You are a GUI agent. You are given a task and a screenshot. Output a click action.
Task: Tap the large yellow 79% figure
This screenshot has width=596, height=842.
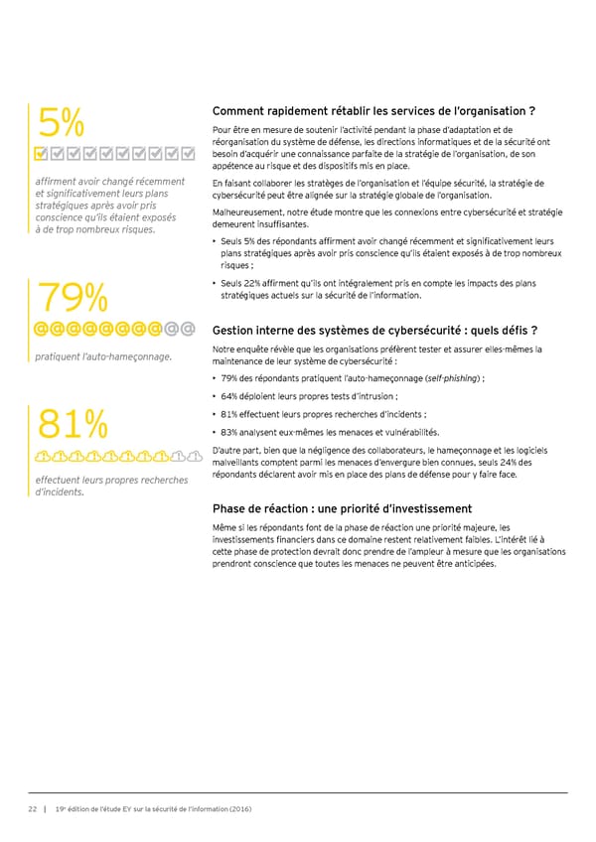pyautogui.click(x=72, y=297)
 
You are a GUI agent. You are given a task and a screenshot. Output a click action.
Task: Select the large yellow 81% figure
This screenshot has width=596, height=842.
pyautogui.click(x=71, y=423)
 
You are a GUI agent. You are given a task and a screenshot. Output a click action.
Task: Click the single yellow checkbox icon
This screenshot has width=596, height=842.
pyautogui.click(x=41, y=154)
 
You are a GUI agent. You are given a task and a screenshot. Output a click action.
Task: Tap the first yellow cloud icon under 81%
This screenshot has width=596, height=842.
pyautogui.click(x=43, y=456)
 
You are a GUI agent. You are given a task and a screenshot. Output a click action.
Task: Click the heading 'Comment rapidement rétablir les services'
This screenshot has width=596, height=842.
pyautogui.click(x=374, y=110)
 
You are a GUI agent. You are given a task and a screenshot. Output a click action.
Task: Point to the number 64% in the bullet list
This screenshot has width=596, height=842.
pyautogui.click(x=232, y=397)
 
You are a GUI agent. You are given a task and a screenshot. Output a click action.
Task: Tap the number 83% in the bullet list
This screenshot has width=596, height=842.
pyautogui.click(x=232, y=432)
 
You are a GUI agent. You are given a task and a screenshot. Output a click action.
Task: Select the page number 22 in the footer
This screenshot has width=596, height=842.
pyautogui.click(x=32, y=808)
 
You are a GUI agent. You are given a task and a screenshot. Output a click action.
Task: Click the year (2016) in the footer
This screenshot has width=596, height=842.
pyautogui.click(x=239, y=808)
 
